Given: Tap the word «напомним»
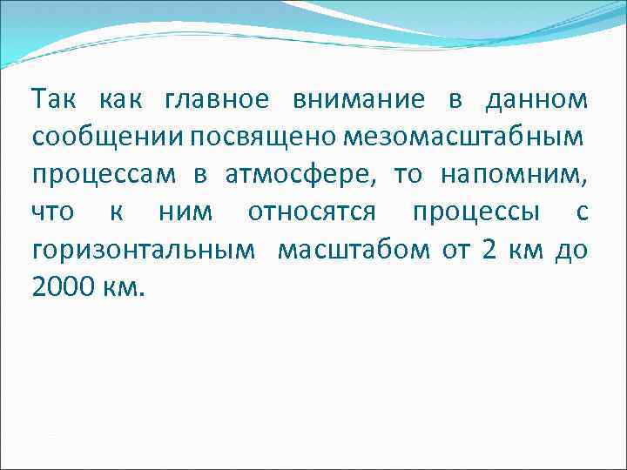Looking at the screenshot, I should (x=514, y=175).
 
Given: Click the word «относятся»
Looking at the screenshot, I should (x=313, y=212).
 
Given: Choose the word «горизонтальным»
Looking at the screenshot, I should (x=144, y=250).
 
